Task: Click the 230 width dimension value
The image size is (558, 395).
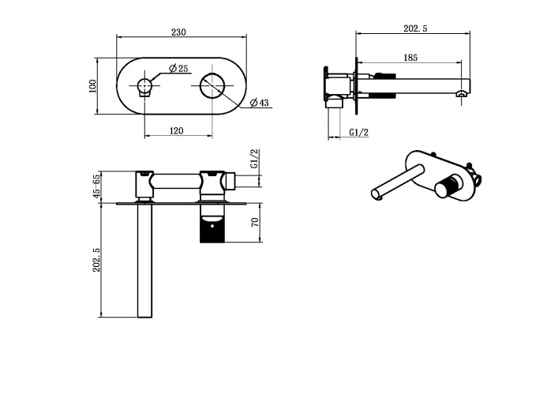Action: [x=179, y=32]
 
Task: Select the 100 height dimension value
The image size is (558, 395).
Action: [x=93, y=85]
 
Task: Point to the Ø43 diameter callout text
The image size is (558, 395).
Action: [x=259, y=103]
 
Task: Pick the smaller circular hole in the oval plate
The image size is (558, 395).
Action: [x=145, y=85]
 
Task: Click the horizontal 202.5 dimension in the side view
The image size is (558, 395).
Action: [x=414, y=28]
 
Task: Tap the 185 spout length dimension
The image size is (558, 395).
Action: [x=410, y=58]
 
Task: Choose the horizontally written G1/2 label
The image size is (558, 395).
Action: [x=358, y=133]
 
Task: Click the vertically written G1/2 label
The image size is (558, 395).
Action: [x=254, y=158]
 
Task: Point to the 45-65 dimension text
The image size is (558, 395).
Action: [x=96, y=186]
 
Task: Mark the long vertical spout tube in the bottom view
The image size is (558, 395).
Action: [x=145, y=261]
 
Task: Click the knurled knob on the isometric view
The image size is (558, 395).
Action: [x=448, y=186]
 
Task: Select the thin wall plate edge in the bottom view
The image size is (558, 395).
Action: [x=174, y=202]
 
